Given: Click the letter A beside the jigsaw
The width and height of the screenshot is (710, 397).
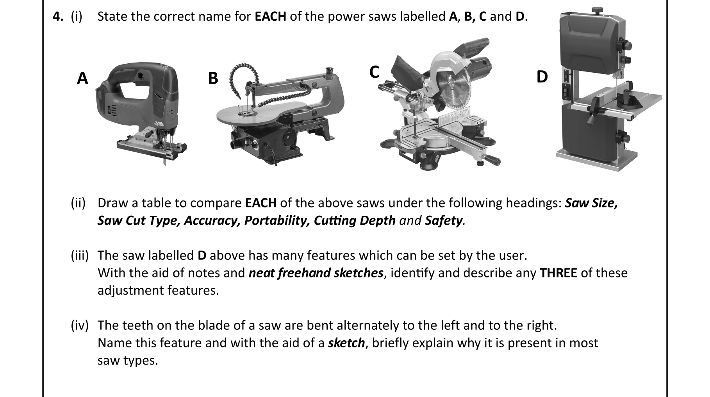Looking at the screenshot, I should coord(82,78).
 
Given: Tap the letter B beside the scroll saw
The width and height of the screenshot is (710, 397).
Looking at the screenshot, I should coord(213,78).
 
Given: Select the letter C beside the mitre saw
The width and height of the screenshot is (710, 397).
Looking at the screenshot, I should coord(374,72).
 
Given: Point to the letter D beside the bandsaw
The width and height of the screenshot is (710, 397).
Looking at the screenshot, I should coord(542,77).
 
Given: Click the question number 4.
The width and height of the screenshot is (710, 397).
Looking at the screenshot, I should coord(58,16).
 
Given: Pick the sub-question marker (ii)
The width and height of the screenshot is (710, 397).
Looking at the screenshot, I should coord(78,203).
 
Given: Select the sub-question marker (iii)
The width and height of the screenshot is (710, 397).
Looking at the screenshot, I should coord(80,256).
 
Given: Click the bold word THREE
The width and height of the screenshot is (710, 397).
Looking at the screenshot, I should coord(558,273).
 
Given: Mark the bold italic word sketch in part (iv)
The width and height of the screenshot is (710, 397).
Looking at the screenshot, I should coord(346,343).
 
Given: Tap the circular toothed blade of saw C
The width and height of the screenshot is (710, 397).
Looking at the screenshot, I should coord(453,88).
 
